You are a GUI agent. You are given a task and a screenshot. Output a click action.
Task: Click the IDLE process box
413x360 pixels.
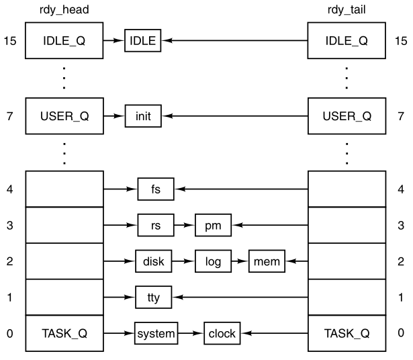pos(142,41)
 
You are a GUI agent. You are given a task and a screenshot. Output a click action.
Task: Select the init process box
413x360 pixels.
pos(142,116)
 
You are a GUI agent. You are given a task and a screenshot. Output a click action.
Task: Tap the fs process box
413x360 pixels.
pos(155,190)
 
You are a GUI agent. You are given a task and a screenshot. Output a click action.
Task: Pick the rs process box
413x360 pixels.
pos(155,225)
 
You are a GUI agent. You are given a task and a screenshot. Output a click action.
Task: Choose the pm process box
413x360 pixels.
pos(213,225)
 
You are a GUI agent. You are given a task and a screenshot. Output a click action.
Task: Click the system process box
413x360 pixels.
pos(155,332)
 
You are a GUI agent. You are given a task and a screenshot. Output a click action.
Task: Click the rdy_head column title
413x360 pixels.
pos(64,9)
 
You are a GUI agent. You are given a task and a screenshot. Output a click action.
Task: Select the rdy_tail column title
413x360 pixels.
pos(347,9)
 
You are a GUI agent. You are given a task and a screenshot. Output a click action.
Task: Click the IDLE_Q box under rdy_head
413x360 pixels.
pos(64,41)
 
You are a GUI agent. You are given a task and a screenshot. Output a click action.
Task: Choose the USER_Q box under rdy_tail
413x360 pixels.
pos(347,116)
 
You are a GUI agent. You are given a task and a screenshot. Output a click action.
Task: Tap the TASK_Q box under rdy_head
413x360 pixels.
pos(64,332)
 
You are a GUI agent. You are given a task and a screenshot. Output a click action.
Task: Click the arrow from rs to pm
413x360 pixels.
pos(184,225)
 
